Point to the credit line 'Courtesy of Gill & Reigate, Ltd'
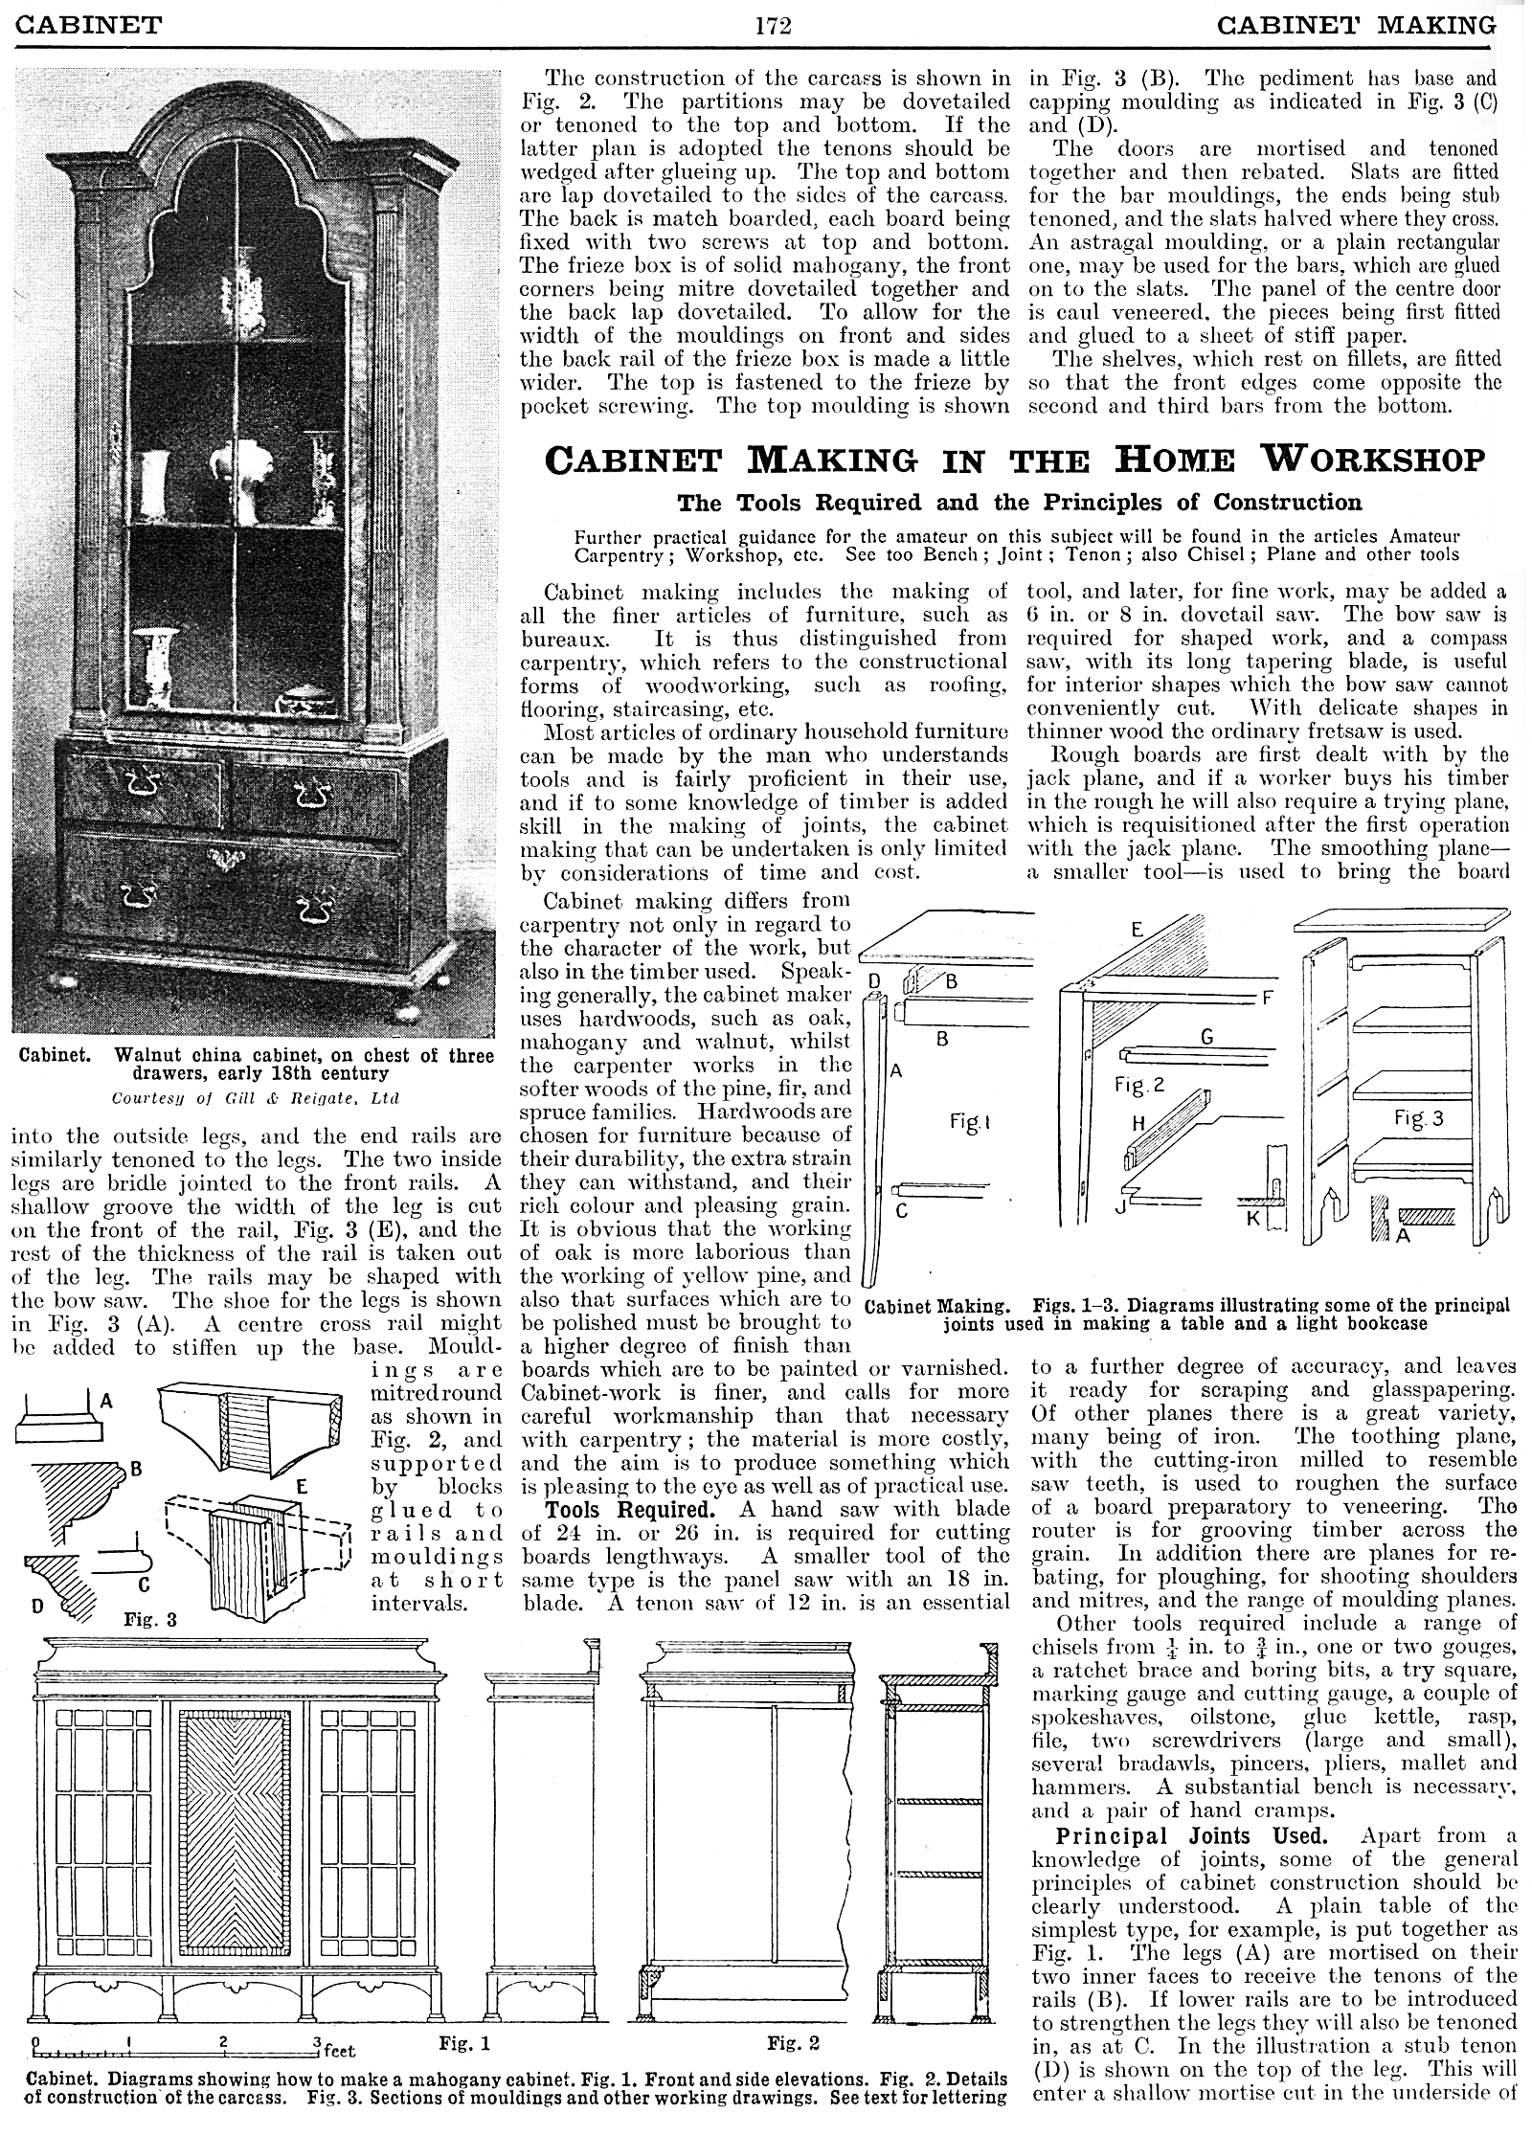point(255,1097)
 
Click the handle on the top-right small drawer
point(312,795)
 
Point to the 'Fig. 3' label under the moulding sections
point(150,1620)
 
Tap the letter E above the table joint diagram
point(1138,930)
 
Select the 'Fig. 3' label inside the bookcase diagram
point(1419,1118)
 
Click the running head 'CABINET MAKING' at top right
point(1355,24)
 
